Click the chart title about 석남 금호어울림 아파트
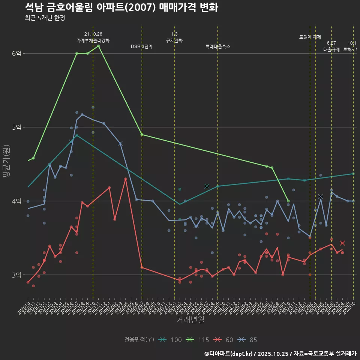point(121,7)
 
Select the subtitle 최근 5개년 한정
point(45,18)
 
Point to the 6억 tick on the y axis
point(17,54)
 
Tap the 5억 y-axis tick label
point(17,127)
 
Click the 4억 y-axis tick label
point(17,201)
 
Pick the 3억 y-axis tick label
point(17,275)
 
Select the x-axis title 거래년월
point(190,320)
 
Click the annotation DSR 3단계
point(141,46)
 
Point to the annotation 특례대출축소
point(217,46)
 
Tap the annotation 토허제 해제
point(310,37)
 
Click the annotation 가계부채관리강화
point(93,40)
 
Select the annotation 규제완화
point(174,40)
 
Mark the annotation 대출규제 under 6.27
point(331,49)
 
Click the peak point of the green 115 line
point(98,46)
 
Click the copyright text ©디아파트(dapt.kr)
point(229,354)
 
